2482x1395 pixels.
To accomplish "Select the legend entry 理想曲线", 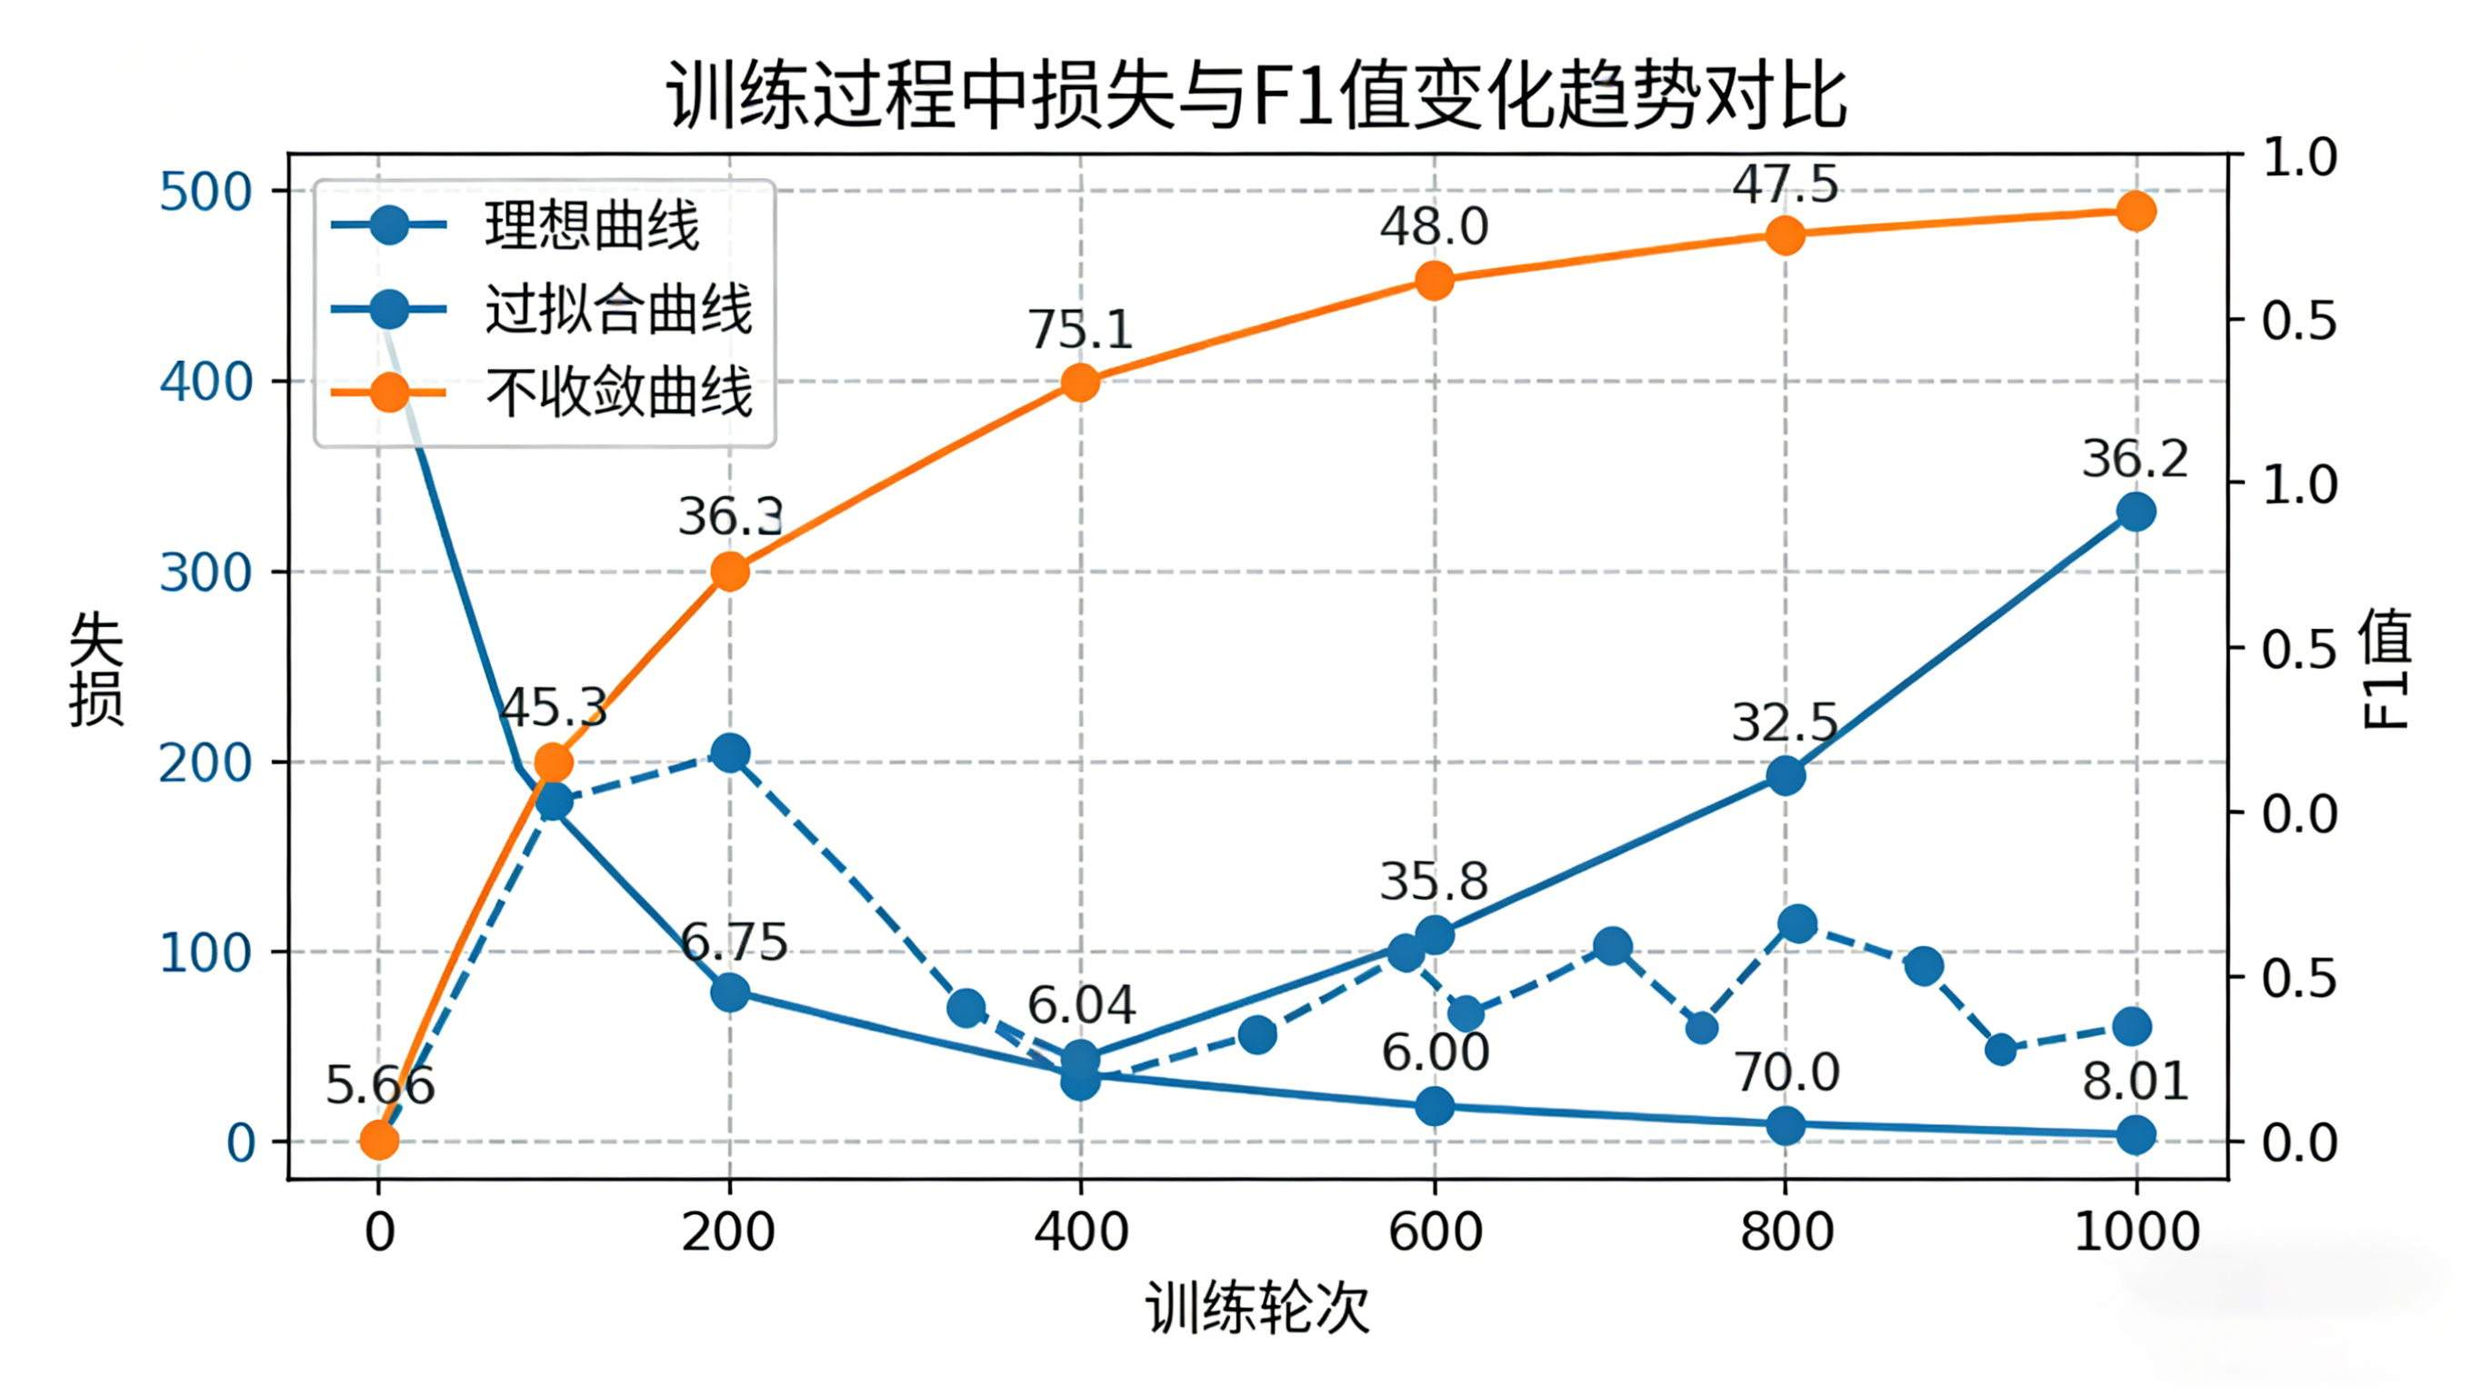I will tap(591, 226).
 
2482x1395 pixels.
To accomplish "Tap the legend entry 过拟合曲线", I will tap(616, 309).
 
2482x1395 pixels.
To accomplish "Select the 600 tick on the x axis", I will tap(1435, 1232).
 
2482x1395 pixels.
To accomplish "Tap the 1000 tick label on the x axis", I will tap(2137, 1232).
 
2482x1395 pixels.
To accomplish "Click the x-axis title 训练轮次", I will tap(1256, 1309).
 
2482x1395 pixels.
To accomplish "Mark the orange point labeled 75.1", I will tap(1080, 384).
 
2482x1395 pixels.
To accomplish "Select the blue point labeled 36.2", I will tap(2137, 512).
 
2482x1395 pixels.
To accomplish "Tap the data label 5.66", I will tap(380, 1086).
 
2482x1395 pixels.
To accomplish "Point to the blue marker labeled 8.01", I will tap(2137, 1135).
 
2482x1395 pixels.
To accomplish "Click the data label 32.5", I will tap(1785, 722).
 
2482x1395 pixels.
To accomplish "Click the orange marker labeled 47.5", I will tap(1786, 235).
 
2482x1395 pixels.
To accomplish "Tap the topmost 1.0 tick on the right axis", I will tap(2299, 157).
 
